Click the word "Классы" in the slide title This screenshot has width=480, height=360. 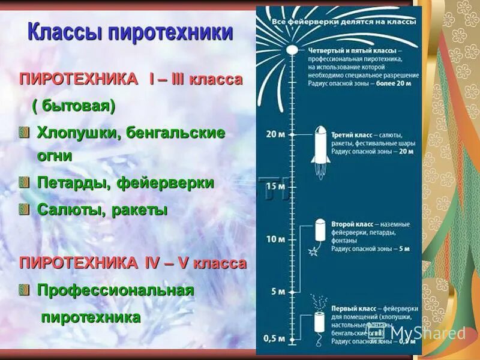(65, 32)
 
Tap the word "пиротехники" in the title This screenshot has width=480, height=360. (172, 32)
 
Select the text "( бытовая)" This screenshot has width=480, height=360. (73, 106)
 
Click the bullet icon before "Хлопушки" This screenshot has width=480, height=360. (24, 132)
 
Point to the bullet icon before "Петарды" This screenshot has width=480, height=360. (24, 182)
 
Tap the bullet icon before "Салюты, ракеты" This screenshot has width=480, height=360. (24, 209)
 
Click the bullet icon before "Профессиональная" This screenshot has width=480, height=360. (24, 290)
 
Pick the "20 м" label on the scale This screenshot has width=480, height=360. (275, 133)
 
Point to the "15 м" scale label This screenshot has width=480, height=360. (275, 186)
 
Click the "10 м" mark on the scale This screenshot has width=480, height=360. (275, 239)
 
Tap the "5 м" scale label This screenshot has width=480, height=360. (278, 292)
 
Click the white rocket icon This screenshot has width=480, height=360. (319, 144)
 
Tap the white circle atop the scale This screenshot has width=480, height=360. (292, 50)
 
